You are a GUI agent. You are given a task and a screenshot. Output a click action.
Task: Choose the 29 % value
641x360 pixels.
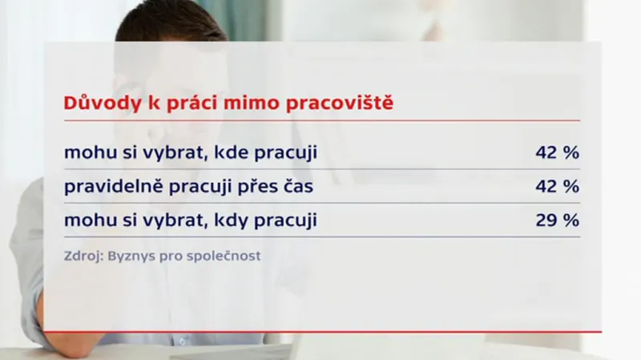557,220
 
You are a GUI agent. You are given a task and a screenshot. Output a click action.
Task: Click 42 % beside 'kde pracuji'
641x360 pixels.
557,152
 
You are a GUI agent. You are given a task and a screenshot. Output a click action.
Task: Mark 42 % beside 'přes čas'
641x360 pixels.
557,187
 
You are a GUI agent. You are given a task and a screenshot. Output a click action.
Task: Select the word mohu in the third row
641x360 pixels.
89,220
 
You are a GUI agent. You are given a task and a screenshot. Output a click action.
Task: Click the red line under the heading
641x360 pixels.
320,120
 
